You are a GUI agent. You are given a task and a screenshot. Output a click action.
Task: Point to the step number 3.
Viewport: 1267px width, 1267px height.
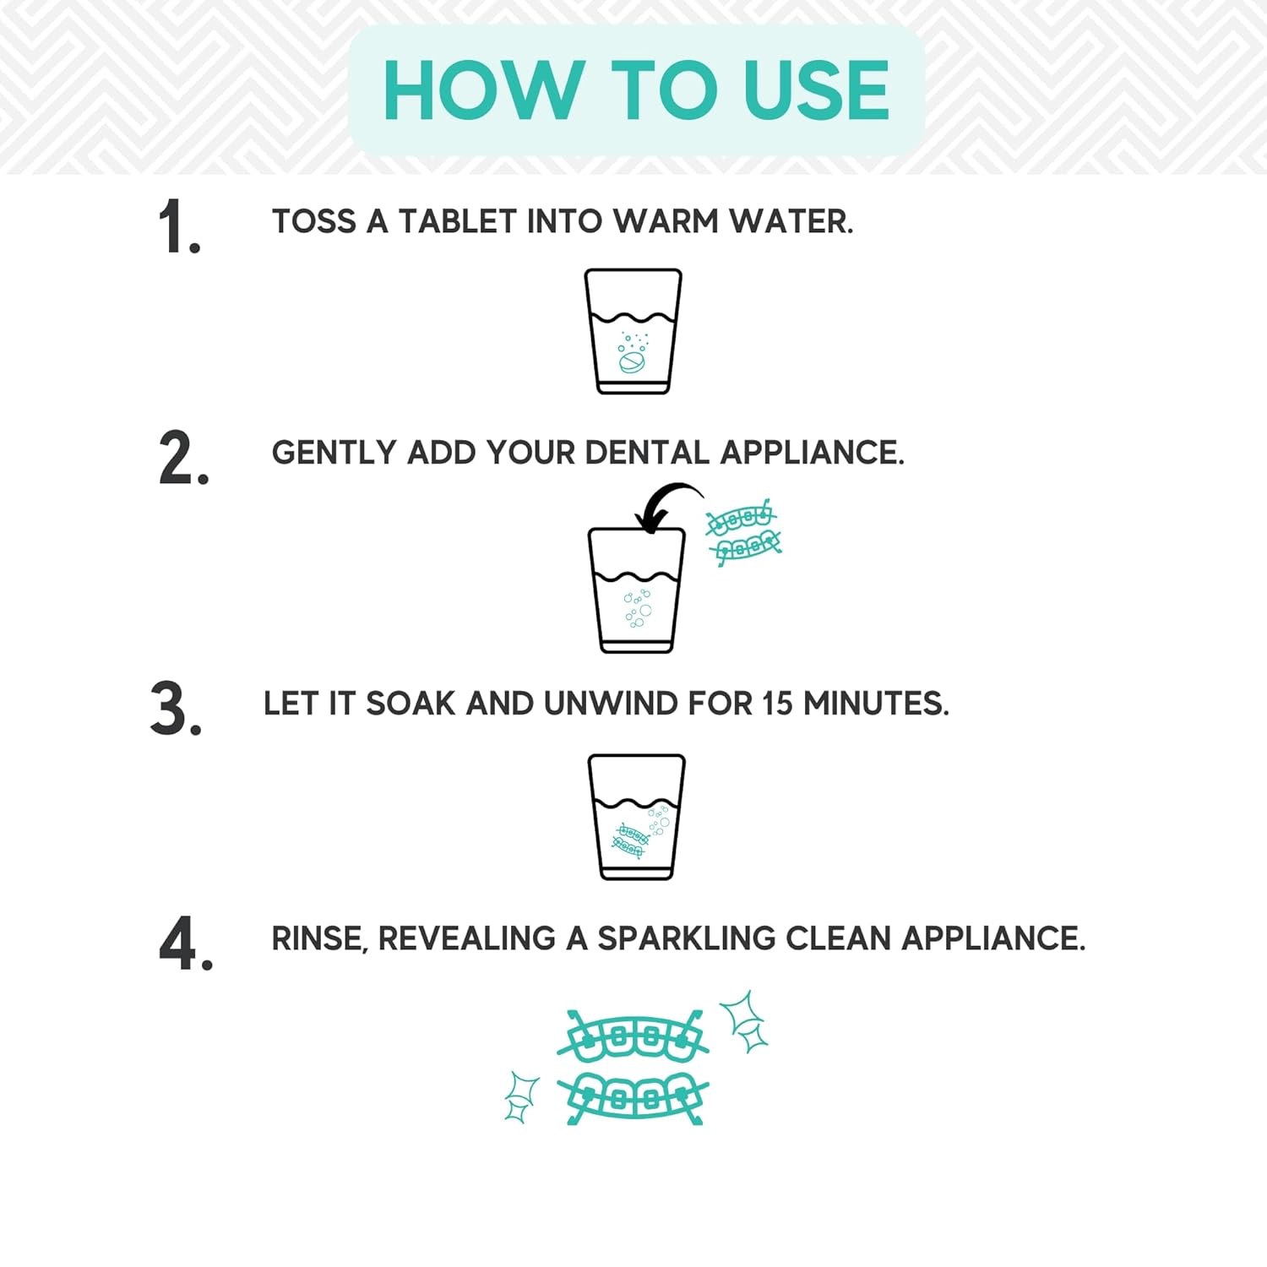coord(176,709)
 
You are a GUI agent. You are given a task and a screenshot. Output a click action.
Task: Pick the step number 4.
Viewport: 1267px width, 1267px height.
coord(185,943)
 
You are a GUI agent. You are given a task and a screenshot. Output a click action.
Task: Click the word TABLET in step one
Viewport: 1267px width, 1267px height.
coord(457,222)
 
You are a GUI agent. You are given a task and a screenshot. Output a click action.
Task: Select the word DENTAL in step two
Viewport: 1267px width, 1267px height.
coord(647,453)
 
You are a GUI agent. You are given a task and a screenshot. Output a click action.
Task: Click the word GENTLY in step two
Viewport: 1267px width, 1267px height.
coord(334,453)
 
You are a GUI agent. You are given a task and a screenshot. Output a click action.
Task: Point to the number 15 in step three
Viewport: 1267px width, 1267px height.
coord(777,704)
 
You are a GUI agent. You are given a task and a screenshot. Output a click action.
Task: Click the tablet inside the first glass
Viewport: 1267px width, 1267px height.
coord(631,362)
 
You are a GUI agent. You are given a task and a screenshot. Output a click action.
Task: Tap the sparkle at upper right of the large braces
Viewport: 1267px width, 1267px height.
coord(744,1020)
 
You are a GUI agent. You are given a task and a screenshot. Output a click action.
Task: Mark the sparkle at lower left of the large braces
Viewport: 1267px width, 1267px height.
coord(520,1096)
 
